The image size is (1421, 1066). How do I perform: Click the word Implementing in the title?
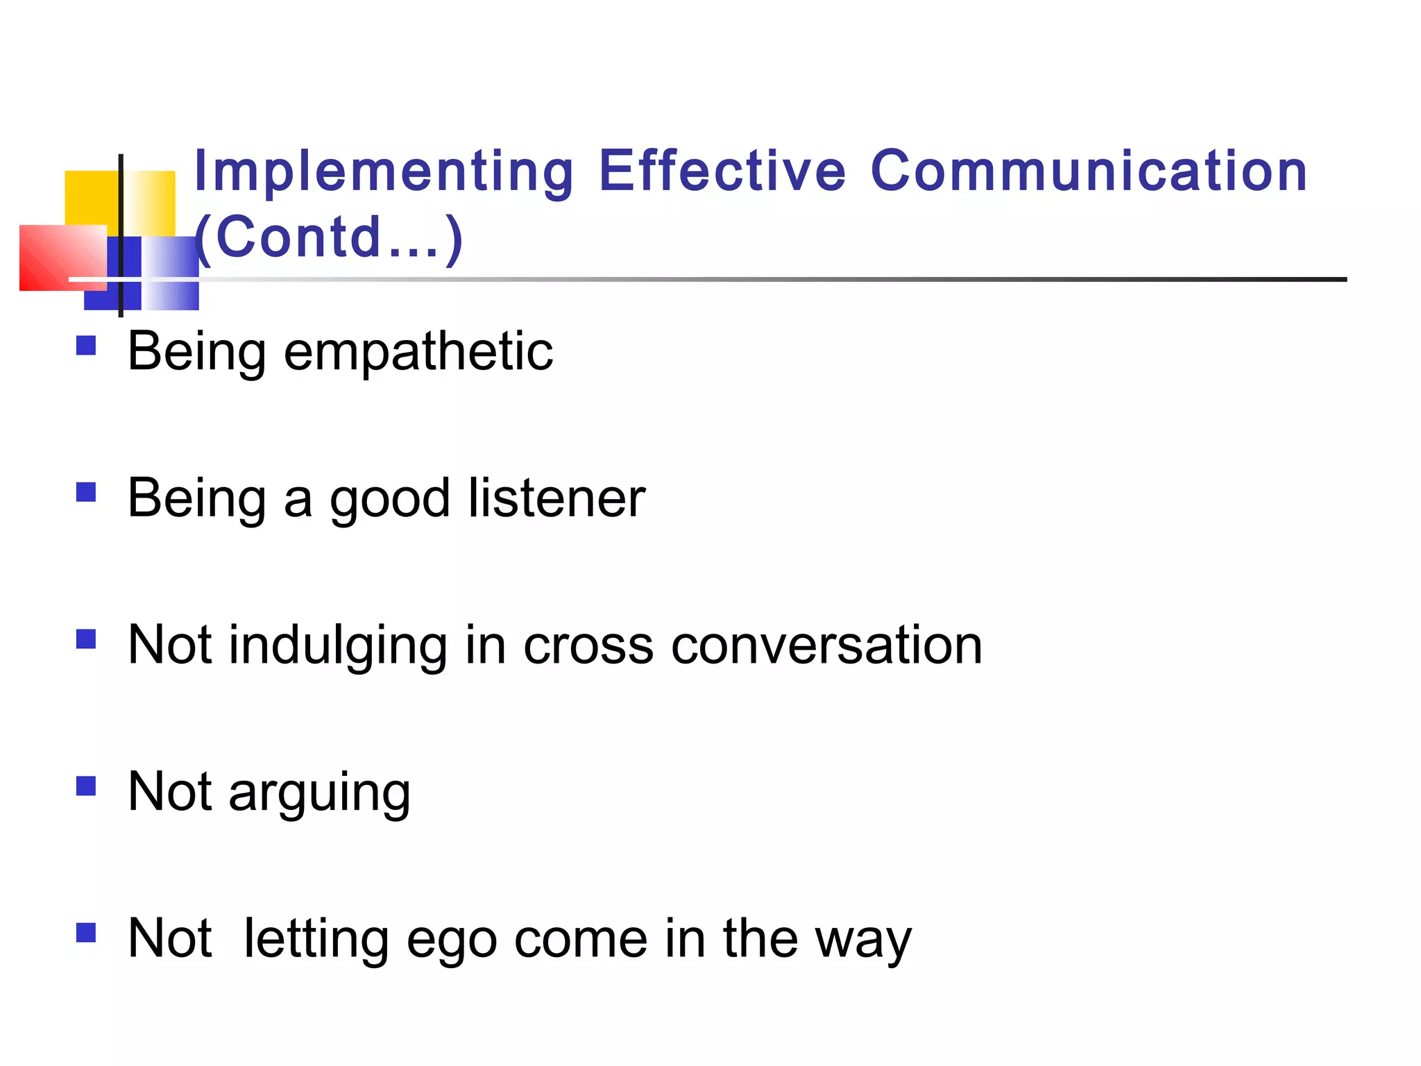384,171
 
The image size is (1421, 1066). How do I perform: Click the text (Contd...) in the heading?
329,237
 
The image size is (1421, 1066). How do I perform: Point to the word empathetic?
418,353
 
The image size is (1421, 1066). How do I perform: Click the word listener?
556,498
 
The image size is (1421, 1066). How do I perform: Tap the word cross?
588,646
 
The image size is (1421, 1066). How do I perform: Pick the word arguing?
320,793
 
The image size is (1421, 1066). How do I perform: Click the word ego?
452,940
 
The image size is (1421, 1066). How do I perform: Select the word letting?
316,939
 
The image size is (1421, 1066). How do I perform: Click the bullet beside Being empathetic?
86,345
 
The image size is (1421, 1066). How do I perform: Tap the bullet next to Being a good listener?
86,492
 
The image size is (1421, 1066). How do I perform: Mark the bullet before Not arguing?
86,786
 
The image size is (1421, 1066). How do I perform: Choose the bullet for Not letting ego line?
86,932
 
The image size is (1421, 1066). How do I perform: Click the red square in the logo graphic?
52,258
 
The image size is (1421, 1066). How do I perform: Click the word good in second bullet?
390,500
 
